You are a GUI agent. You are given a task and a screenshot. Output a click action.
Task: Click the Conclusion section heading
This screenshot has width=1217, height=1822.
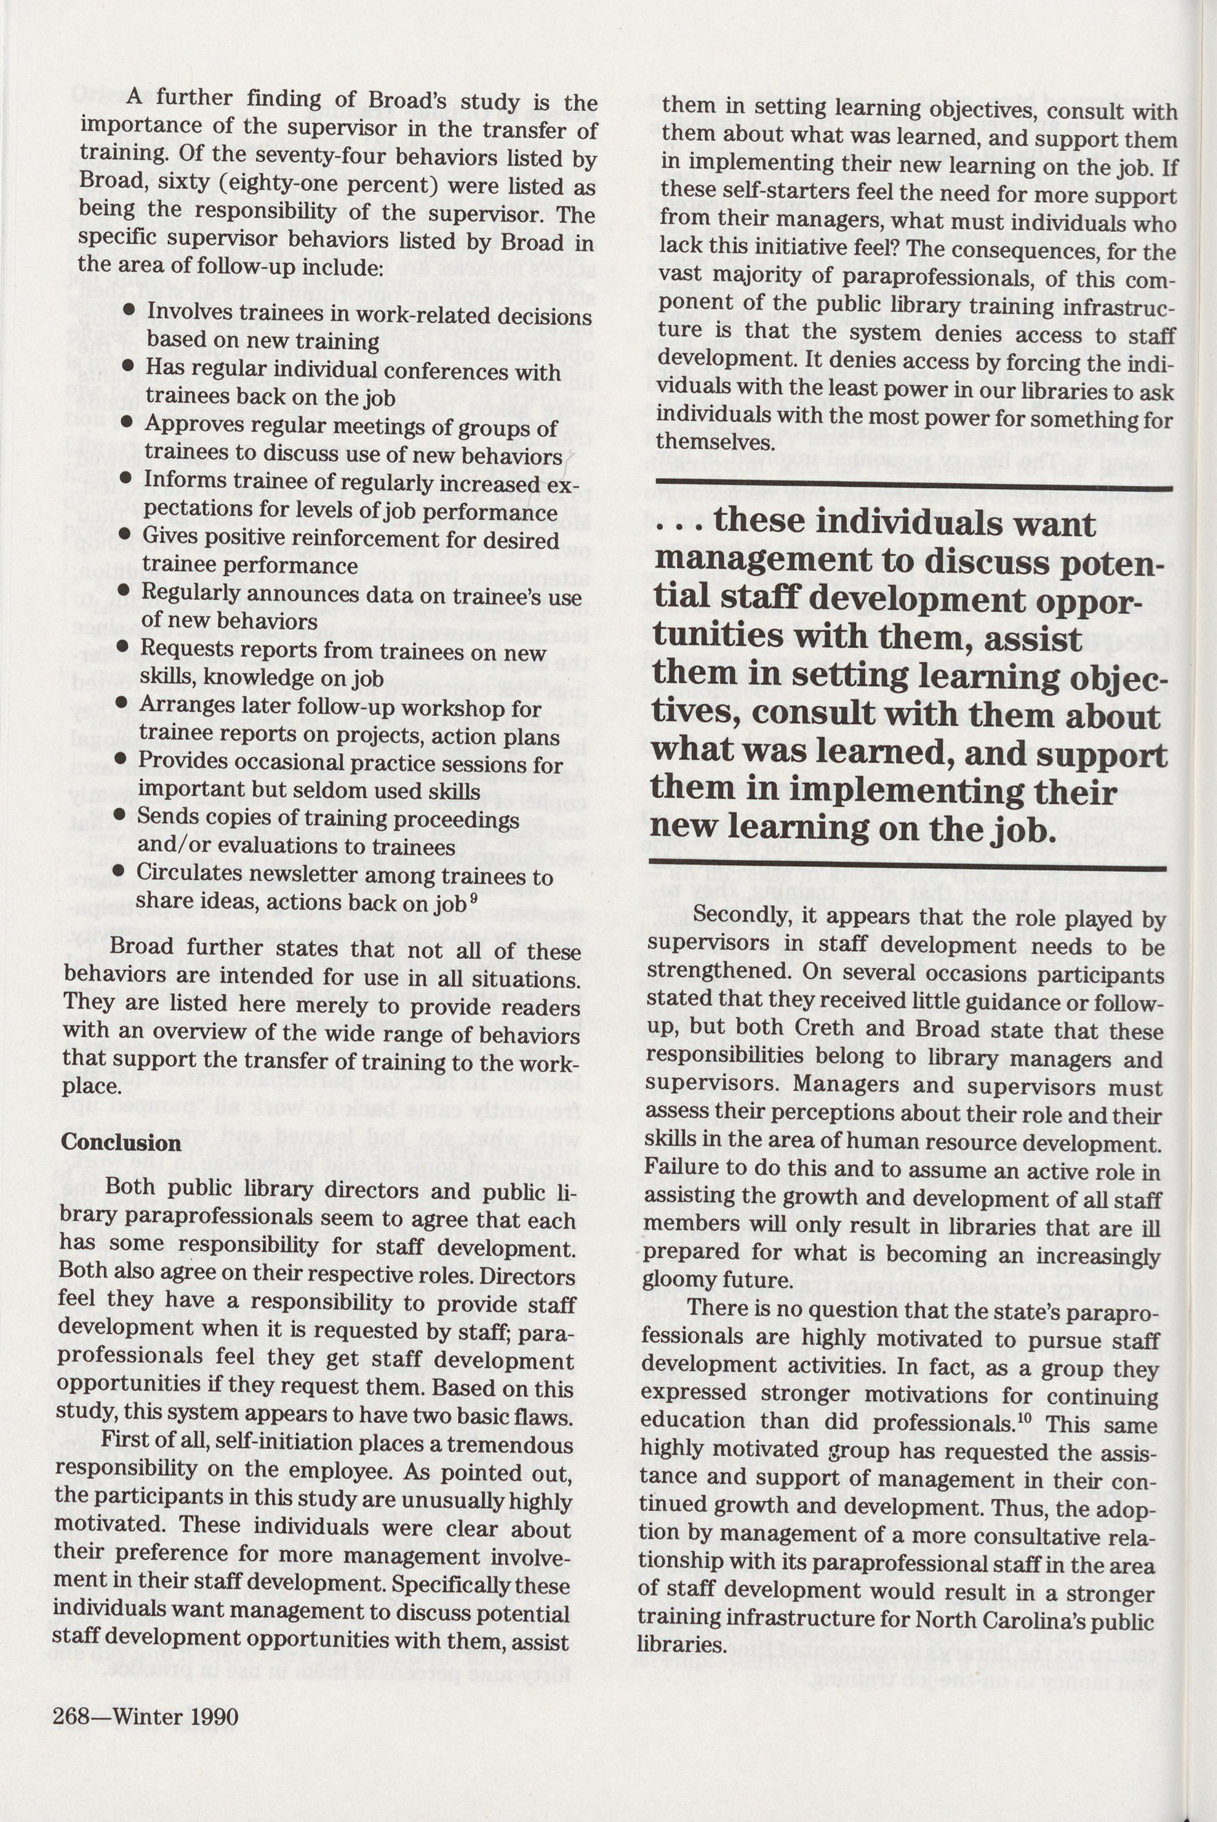[121, 1143]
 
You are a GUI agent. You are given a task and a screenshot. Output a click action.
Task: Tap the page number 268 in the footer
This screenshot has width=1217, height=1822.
[71, 1759]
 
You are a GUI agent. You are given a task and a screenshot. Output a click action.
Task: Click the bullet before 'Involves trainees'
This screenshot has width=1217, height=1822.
[129, 309]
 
